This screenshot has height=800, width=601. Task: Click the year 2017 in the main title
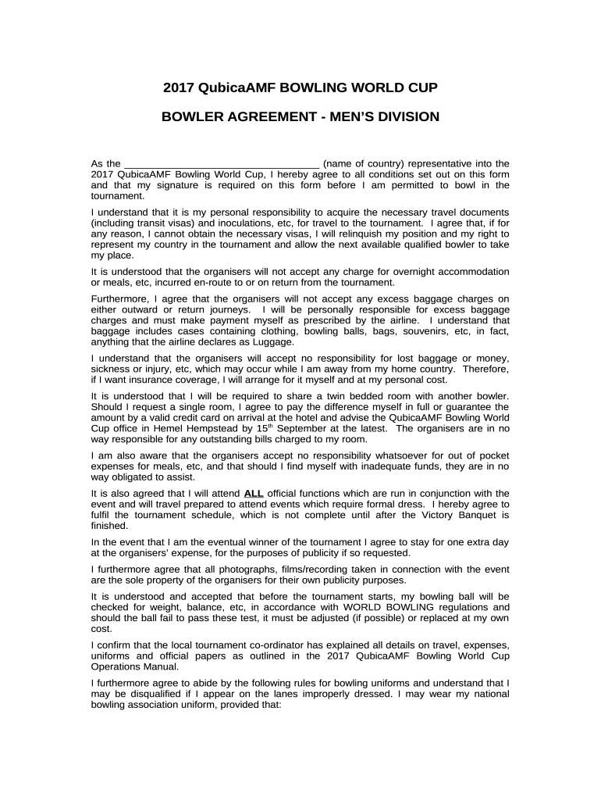(x=179, y=88)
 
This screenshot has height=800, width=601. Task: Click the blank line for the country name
(x=222, y=164)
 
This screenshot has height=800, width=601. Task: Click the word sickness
(x=111, y=369)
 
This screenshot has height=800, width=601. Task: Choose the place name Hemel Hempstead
(x=185, y=429)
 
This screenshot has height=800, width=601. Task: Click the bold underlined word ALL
(x=254, y=494)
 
